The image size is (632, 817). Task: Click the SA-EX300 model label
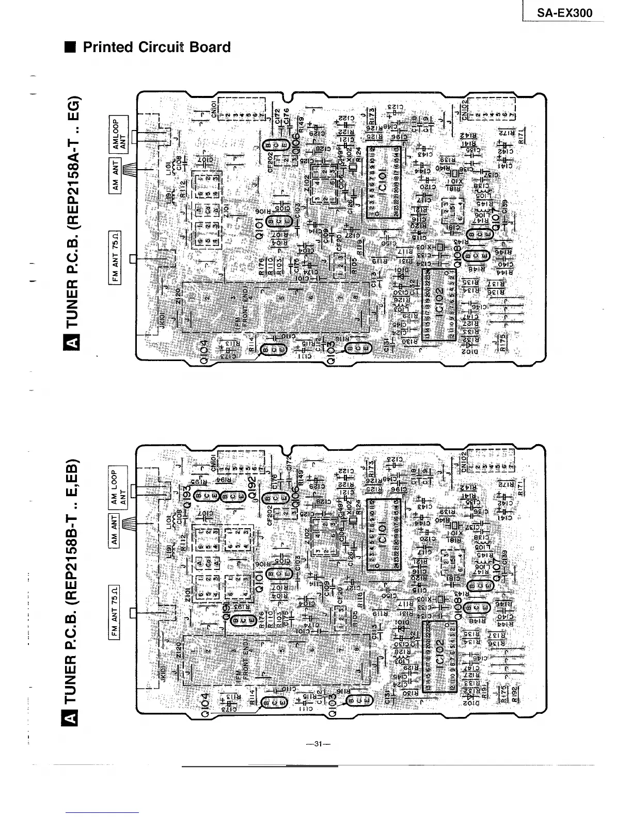click(564, 12)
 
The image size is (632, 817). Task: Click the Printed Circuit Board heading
click(156, 47)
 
